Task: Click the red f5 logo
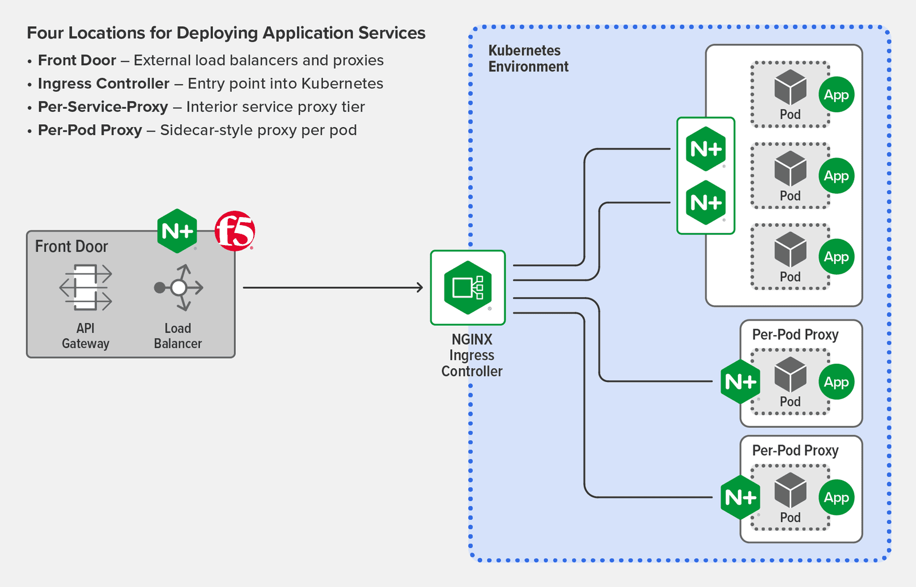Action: [235, 231]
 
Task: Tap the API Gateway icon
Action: [86, 287]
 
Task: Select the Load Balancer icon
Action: [179, 287]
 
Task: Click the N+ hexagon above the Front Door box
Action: [177, 231]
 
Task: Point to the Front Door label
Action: [72, 247]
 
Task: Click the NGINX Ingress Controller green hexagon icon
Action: [468, 287]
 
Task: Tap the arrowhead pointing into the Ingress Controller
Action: [420, 287]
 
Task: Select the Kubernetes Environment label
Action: [528, 58]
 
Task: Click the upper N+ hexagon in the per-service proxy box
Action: [705, 149]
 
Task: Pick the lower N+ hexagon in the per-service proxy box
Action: [705, 202]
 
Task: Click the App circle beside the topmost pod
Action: [836, 94]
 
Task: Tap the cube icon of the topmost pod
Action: [790, 87]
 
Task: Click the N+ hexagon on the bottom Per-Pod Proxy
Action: [740, 497]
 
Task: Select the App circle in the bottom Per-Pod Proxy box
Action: [836, 497]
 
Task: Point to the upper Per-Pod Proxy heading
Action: [795, 334]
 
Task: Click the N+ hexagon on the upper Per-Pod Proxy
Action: [740, 381]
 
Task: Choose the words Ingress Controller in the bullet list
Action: [104, 84]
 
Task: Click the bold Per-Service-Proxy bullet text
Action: [103, 107]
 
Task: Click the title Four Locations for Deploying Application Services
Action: [226, 33]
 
